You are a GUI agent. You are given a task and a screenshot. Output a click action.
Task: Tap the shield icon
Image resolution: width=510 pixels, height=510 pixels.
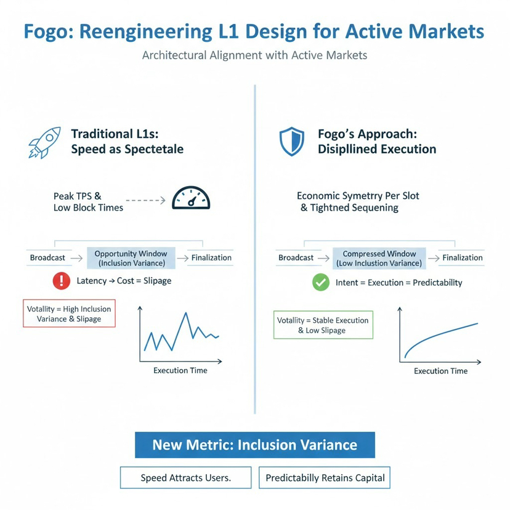pos(291,142)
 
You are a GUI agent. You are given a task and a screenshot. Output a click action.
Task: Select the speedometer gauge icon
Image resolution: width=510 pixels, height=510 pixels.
pos(191,198)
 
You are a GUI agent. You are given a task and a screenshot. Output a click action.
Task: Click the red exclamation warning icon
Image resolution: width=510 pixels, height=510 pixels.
pos(62,281)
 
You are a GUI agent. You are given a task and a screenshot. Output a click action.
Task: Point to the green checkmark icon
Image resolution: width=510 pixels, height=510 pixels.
pos(320,283)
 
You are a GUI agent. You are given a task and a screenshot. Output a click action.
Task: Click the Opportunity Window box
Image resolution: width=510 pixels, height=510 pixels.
pos(131,258)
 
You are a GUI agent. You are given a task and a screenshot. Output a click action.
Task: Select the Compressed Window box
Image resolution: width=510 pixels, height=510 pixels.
pos(379,258)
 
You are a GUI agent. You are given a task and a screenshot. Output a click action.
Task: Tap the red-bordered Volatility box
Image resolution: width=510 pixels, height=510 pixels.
pos(69,314)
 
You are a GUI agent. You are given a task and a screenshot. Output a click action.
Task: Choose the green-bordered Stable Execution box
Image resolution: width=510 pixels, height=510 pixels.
pos(323,325)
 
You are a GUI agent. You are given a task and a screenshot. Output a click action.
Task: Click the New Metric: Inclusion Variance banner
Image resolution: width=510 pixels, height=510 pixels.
pos(254,445)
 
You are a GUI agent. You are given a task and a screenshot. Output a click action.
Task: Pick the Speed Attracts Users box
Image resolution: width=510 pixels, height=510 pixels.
pos(185,477)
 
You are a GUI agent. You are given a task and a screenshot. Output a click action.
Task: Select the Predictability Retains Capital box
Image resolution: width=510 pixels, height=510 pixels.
pos(325,477)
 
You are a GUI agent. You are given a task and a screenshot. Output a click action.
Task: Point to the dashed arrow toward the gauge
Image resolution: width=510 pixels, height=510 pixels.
pos(146,200)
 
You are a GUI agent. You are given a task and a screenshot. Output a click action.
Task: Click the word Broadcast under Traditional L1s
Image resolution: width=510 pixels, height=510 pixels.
pos(47,257)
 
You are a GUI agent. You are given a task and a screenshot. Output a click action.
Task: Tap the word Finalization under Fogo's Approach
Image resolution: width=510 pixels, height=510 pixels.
pos(463,257)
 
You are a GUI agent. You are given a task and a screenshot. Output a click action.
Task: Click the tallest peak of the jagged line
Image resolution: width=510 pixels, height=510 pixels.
pos(185,314)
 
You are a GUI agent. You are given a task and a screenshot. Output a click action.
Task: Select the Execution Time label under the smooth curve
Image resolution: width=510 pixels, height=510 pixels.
pos(440,371)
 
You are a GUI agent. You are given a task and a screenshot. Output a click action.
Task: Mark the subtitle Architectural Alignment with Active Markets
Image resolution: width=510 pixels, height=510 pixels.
pos(254,55)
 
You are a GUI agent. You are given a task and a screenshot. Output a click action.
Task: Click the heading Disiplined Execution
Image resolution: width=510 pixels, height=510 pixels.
pos(377,149)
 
